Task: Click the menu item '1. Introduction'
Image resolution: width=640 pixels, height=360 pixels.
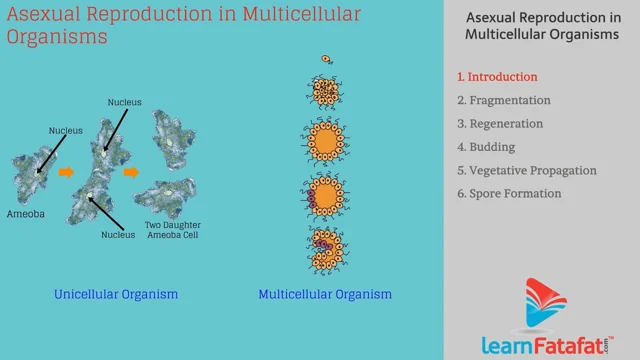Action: pyautogui.click(x=497, y=76)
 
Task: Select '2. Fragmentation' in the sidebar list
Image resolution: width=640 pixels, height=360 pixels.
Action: pyautogui.click(x=504, y=100)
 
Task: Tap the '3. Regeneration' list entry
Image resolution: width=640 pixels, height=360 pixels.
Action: pyautogui.click(x=500, y=124)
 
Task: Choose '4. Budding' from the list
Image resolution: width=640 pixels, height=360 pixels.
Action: pyautogui.click(x=486, y=147)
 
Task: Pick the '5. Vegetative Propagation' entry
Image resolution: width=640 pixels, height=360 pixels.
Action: pyautogui.click(x=526, y=170)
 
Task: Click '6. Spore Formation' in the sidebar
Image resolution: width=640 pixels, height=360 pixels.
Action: pyautogui.click(x=509, y=193)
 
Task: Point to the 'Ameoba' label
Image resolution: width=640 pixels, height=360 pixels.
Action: pyautogui.click(x=26, y=213)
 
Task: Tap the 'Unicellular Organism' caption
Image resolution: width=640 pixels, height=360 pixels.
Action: pyautogui.click(x=117, y=294)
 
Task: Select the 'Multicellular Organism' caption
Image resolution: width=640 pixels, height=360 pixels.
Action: pyautogui.click(x=325, y=294)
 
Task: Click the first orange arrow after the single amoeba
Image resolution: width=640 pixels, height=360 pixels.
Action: pyautogui.click(x=68, y=171)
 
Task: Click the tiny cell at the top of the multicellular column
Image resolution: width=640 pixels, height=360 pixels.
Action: pyautogui.click(x=325, y=59)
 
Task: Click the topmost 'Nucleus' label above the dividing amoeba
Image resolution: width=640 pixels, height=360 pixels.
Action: pyautogui.click(x=126, y=101)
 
